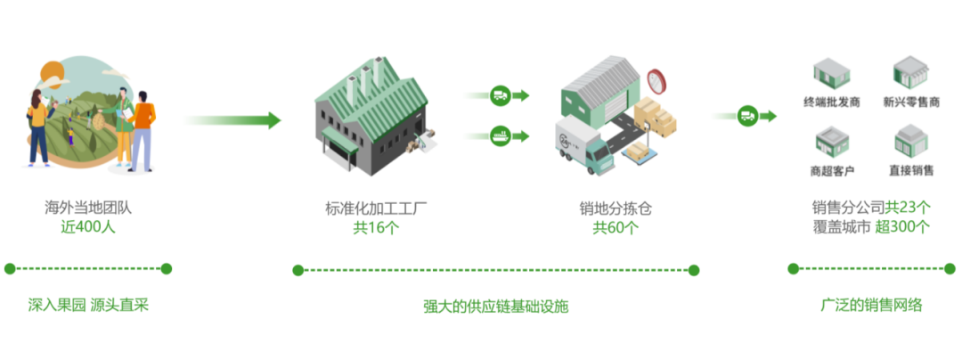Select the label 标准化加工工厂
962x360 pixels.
coord(377,209)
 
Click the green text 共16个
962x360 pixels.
coord(377,227)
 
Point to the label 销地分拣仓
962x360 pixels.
coord(616,209)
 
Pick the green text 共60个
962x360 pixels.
coord(616,227)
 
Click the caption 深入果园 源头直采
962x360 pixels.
coord(87,306)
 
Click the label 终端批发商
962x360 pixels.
coord(831,102)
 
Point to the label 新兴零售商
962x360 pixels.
coord(911,102)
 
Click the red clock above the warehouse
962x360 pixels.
coord(658,80)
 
